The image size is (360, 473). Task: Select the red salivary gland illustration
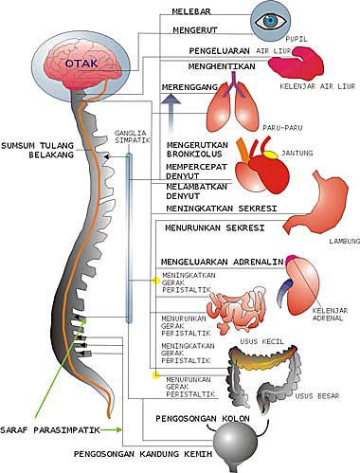pos(294,64)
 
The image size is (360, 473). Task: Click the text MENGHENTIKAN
pos(197,67)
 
